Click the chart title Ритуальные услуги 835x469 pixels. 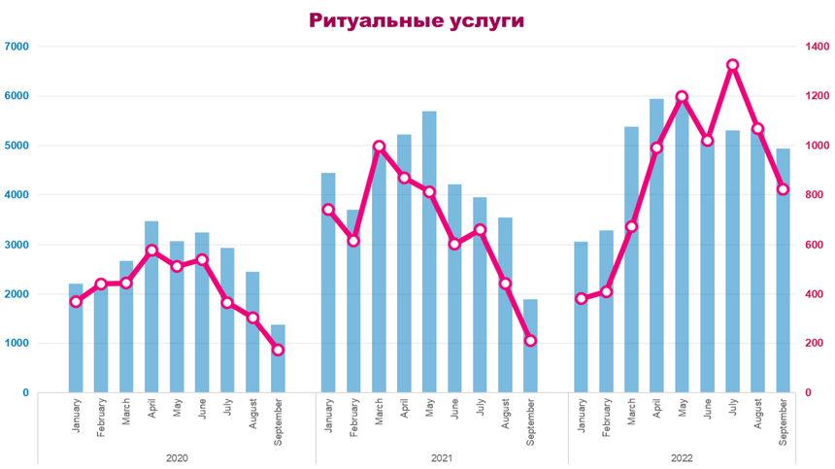pos(417,20)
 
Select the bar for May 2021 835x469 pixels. pos(429,252)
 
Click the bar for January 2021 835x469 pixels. pos(328,283)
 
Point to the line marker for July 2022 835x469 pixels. pos(732,65)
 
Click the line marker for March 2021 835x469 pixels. pos(379,147)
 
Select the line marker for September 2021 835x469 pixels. pos(530,341)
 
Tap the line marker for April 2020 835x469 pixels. pos(151,251)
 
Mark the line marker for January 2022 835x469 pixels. pos(581,298)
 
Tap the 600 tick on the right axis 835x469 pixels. pos(813,245)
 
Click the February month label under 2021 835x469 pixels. pos(354,420)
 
